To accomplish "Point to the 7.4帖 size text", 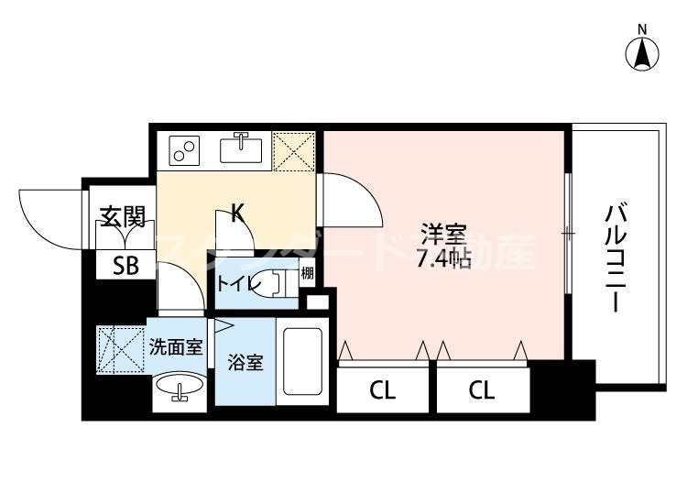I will tap(443, 259).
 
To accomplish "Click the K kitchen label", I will tap(237, 214).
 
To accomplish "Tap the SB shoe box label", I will tap(125, 268).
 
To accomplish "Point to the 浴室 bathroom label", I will tap(245, 362).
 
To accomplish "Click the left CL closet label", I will tap(383, 391).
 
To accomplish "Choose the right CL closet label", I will tap(482, 391).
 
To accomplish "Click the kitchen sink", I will tap(243, 149).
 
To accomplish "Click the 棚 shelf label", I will tap(308, 273).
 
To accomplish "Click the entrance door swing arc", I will tap(46, 215).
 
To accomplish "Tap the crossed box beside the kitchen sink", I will tap(294, 151).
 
